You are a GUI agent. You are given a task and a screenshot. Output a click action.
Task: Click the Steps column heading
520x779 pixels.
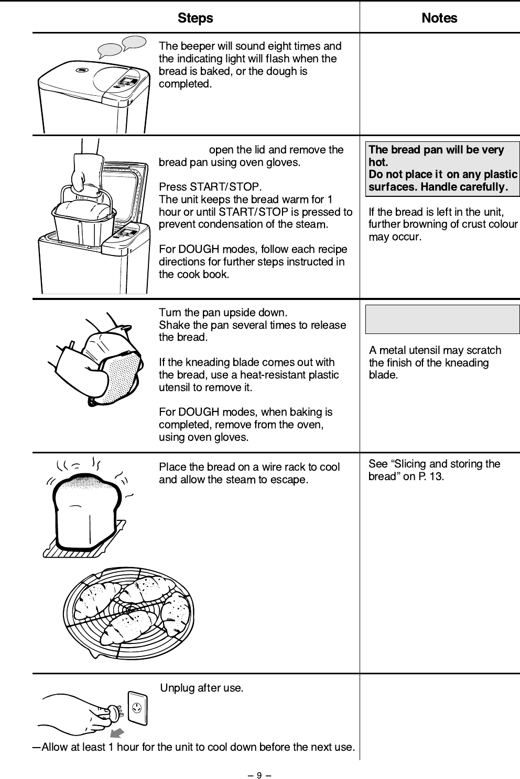(196, 18)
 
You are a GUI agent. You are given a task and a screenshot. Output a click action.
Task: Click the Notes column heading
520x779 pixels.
(439, 18)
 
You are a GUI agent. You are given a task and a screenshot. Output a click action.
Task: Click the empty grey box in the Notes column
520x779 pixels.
(442, 319)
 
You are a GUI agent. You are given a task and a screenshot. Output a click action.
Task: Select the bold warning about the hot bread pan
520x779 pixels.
(442, 169)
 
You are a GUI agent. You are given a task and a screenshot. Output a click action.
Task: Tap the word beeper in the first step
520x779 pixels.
(196, 46)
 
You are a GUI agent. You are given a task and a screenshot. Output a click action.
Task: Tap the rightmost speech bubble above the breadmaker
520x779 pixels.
(134, 42)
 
